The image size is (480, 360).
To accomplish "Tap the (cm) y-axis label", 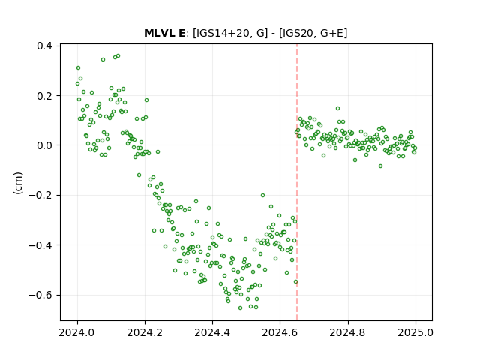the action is pyautogui.click(x=18, y=183).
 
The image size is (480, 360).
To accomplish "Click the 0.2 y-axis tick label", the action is pyautogui.click(x=44, y=96).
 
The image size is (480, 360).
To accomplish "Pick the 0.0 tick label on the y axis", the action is pyautogui.click(x=44, y=145).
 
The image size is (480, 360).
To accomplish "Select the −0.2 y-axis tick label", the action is pyautogui.click(x=40, y=195).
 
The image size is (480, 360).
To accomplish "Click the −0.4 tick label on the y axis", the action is pyautogui.click(x=40, y=245).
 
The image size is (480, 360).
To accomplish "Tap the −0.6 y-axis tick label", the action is pyautogui.click(x=40, y=295).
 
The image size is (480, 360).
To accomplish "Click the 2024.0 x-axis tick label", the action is pyautogui.click(x=77, y=332).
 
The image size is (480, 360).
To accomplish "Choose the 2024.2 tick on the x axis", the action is pyautogui.click(x=145, y=332).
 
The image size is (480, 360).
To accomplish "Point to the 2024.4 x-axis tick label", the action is pyautogui.click(x=212, y=332).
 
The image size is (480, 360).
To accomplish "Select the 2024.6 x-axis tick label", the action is pyautogui.click(x=280, y=332).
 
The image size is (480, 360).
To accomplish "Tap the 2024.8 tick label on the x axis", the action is pyautogui.click(x=348, y=332).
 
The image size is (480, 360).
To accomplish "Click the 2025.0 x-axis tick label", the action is pyautogui.click(x=415, y=332).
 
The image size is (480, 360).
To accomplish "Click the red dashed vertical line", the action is pyautogui.click(x=297, y=182).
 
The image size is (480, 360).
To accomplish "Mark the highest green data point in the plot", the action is pyautogui.click(x=118, y=56).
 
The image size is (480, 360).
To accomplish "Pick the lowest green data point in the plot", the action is pyautogui.click(x=240, y=308).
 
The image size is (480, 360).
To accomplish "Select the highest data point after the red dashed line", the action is pyautogui.click(x=338, y=108).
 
